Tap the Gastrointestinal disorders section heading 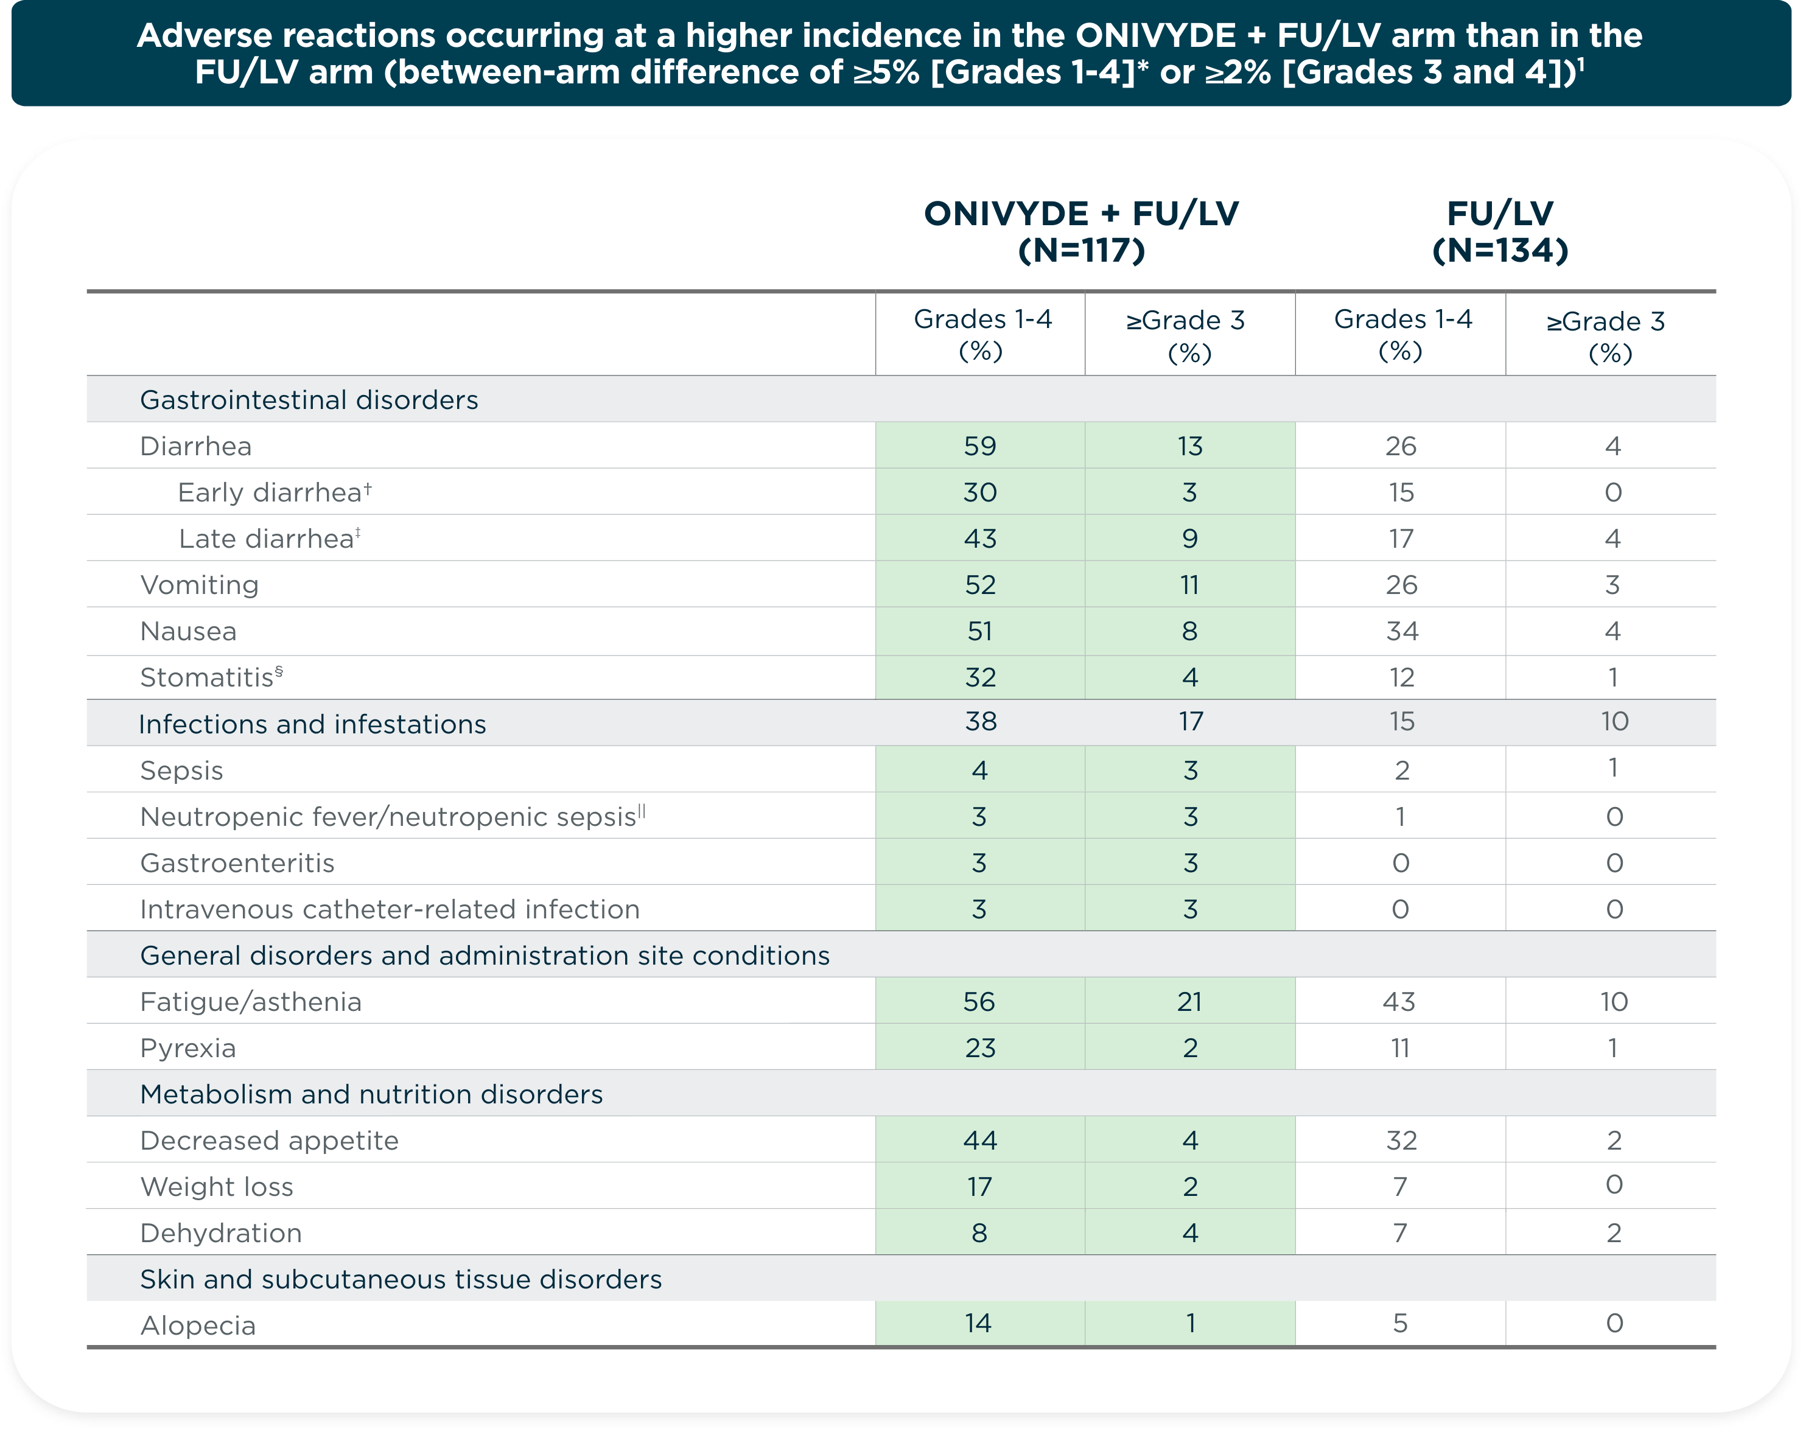[x=309, y=400]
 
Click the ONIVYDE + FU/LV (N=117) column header [x=1080, y=232]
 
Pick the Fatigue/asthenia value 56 [x=979, y=1002]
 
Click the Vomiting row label [x=199, y=584]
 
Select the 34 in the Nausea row [x=1402, y=631]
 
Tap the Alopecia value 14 [x=978, y=1323]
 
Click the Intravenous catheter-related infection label [x=390, y=909]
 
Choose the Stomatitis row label [x=211, y=677]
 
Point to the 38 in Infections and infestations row [x=980, y=722]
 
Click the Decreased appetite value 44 [x=979, y=1141]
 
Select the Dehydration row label [x=221, y=1234]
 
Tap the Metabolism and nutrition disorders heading [x=371, y=1094]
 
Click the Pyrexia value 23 [x=979, y=1048]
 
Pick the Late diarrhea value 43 [x=979, y=539]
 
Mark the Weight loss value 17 [x=979, y=1187]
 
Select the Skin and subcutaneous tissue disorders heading [x=401, y=1279]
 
